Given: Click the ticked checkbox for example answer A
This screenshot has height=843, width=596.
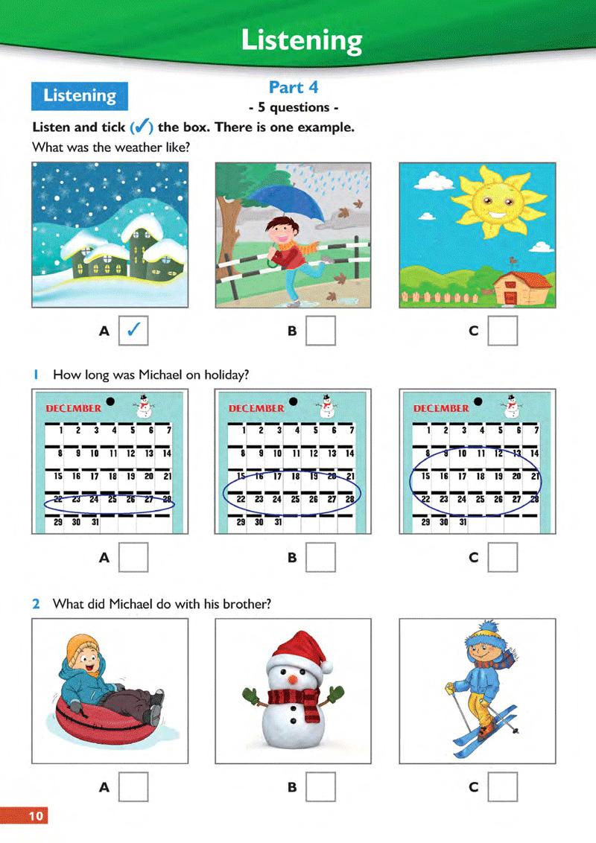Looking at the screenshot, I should [133, 331].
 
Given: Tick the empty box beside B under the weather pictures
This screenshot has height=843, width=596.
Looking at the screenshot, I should [320, 331].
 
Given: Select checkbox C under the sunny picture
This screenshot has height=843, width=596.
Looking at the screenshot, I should [503, 331].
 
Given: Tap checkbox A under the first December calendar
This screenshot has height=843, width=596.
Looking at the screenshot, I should [133, 556].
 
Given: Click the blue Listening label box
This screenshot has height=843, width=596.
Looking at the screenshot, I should [80, 95].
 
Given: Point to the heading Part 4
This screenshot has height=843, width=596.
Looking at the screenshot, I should [294, 87].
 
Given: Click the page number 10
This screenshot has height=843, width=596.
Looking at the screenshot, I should [36, 816].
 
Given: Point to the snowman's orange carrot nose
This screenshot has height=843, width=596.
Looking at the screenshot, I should [294, 680].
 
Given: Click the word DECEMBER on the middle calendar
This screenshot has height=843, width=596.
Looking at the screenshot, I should [256, 408].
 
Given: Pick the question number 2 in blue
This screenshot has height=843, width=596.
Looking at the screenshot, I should [36, 604].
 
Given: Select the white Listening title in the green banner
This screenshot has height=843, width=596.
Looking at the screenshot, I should [301, 40].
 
